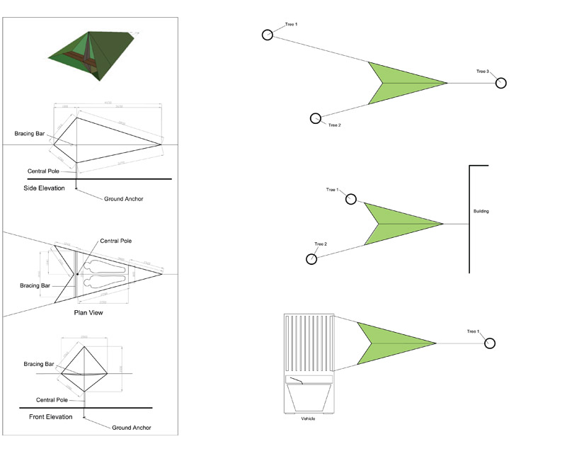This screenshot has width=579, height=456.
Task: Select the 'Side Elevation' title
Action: pos(44,188)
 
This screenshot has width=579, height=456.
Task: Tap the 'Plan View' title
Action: pos(88,312)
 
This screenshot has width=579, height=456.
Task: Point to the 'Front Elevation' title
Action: pos(50,417)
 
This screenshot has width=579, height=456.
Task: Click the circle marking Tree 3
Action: pos(501,83)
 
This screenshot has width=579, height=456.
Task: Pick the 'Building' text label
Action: pos(481,211)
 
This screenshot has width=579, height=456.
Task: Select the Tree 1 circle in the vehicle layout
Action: pos(489,343)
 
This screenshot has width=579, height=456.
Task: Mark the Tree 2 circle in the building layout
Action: pos(312,259)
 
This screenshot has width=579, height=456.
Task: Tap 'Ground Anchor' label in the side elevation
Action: pos(123,199)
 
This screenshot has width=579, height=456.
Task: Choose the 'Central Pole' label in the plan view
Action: pos(115,241)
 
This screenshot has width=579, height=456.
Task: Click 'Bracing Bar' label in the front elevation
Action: pos(38,364)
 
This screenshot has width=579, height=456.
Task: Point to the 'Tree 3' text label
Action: pos(483,72)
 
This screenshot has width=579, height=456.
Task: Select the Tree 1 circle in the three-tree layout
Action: pos(267,35)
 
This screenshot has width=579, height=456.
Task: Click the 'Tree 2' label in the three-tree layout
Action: pos(335,125)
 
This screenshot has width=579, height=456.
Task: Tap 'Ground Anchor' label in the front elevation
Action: pos(131,428)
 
